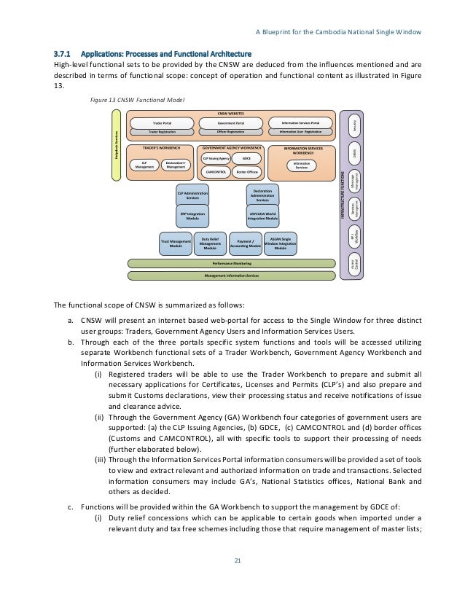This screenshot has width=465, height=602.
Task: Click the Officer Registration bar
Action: tap(231, 132)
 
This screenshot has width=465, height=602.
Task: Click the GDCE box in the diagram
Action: tap(246, 157)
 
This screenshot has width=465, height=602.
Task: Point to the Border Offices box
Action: tap(247, 173)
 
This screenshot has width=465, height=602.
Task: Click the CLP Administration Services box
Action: tap(192, 195)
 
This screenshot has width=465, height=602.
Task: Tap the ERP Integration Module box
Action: tap(192, 215)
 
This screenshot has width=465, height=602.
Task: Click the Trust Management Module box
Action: tap(176, 243)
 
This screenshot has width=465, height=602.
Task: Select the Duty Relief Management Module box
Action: tap(210, 243)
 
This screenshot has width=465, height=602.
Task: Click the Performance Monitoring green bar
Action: tap(232, 263)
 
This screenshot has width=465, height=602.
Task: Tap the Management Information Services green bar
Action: tap(232, 275)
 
